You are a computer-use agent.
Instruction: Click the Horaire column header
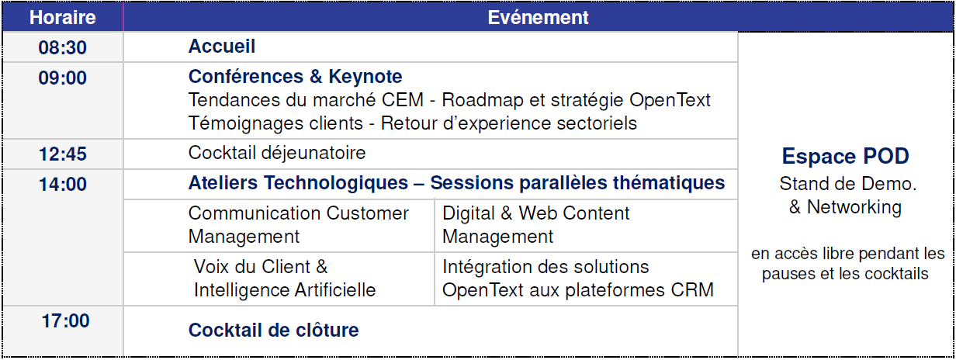62,18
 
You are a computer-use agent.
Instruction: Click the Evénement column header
538,18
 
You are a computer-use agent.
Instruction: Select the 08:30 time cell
62,47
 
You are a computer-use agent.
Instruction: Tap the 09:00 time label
62,78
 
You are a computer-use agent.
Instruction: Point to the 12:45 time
62,154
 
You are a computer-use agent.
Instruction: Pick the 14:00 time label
62,184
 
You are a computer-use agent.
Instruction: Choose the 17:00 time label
65,320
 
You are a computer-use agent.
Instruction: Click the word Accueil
222,46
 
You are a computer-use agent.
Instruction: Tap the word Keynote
365,77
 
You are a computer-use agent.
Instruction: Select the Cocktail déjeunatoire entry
277,153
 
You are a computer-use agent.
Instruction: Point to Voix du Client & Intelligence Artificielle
285,278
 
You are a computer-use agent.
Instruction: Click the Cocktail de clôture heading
274,331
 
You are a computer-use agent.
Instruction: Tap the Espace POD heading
846,156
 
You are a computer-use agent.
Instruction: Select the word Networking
854,208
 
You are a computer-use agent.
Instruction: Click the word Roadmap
483,100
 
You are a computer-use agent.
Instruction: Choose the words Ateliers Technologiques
298,183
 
